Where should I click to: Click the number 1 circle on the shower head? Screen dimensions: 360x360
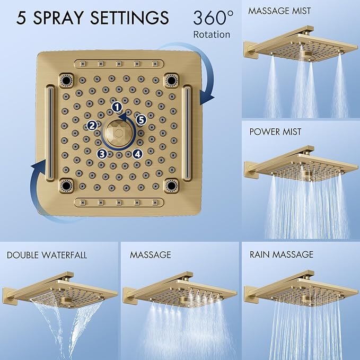coord(117,107)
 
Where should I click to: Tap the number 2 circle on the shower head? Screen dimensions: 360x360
coord(92,125)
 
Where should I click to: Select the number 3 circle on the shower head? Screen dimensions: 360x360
coord(101,154)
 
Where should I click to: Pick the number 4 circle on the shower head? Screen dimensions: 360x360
coord(137,154)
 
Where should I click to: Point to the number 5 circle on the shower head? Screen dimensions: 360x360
coord(141,120)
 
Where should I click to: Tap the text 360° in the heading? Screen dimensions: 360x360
coord(213,17)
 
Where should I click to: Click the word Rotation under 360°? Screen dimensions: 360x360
coord(212,34)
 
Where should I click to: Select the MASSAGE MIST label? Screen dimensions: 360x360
coord(280,11)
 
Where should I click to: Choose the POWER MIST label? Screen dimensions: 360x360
coord(275,131)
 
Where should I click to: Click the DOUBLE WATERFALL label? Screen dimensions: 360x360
coord(47,255)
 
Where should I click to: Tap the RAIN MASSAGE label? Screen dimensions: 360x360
coord(282,255)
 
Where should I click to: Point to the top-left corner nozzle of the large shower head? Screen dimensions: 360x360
coord(66,80)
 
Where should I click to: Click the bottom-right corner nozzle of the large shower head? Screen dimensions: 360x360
coord(171,186)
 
